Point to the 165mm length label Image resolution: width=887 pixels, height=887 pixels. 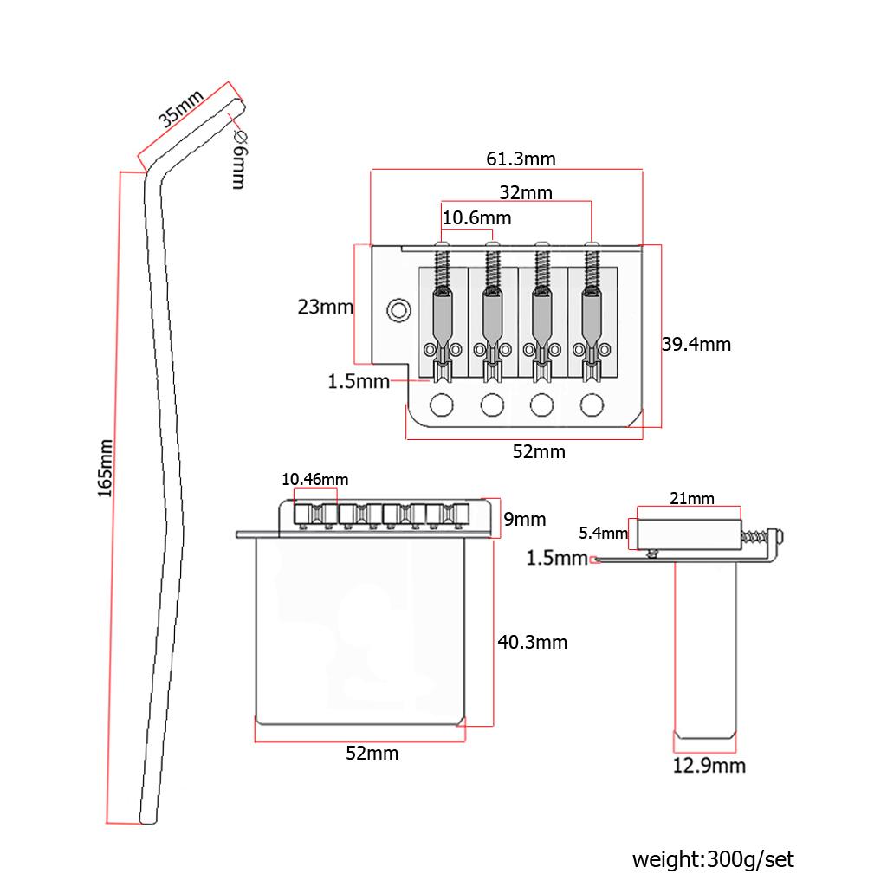[x=105, y=468]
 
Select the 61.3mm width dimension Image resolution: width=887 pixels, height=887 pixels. [x=521, y=159]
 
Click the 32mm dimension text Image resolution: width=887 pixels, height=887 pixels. [x=525, y=192]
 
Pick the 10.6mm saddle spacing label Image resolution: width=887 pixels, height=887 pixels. [x=476, y=217]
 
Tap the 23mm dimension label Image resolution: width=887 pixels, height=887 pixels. [x=325, y=307]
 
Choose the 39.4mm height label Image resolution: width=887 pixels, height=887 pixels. [x=696, y=344]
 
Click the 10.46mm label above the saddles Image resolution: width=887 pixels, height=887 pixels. [x=315, y=479]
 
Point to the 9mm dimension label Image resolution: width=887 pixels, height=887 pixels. [x=525, y=519]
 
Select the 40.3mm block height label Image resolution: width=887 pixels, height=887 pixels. [x=532, y=642]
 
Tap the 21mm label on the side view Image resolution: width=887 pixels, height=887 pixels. [x=692, y=498]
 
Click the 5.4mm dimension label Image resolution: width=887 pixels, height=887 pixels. [x=603, y=533]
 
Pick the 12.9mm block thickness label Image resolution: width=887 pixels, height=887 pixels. [x=709, y=765]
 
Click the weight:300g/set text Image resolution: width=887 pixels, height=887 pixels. [x=712, y=859]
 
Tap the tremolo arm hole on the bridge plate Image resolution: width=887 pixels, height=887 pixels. [x=399, y=309]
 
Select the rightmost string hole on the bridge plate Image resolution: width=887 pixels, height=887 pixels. [x=592, y=404]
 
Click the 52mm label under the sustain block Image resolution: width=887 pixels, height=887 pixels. [x=372, y=753]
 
